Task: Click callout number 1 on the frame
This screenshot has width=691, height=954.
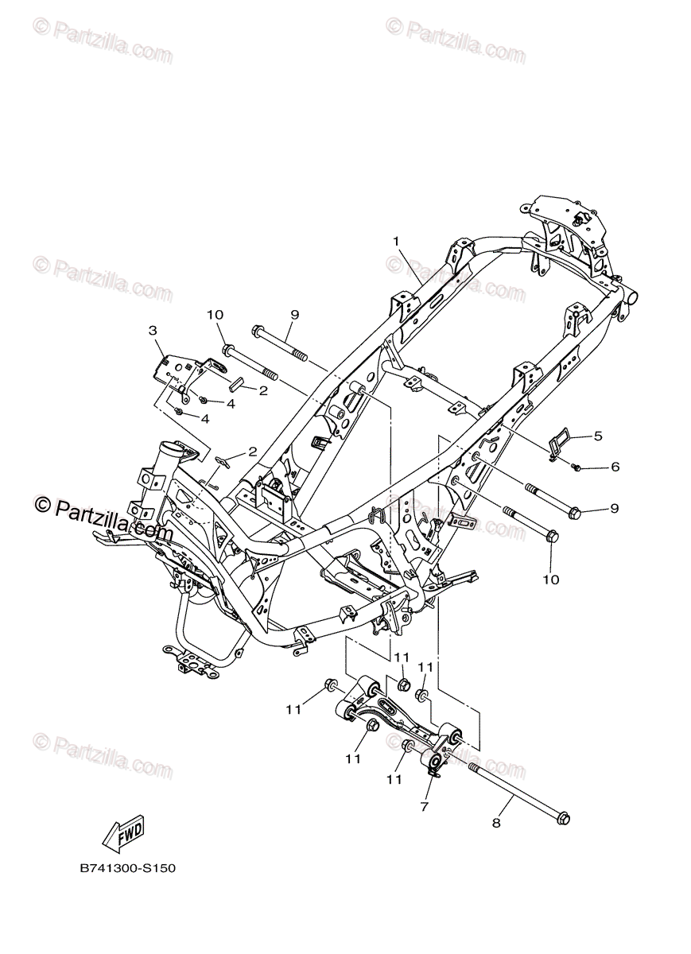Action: point(395,241)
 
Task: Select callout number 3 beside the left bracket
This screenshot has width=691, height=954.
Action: point(153,330)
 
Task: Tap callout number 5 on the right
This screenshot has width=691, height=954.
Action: point(598,436)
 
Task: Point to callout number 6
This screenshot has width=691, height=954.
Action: point(614,467)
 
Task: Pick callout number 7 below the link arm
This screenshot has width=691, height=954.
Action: point(424,807)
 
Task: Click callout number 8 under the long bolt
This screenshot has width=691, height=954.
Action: point(496,824)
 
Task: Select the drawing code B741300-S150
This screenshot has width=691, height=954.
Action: point(127,868)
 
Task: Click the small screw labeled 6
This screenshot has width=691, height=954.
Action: point(576,467)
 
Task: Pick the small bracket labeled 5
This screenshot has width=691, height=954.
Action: point(560,441)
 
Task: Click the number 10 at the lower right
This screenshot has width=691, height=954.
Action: point(551,580)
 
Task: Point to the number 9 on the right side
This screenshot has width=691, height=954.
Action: point(614,508)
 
